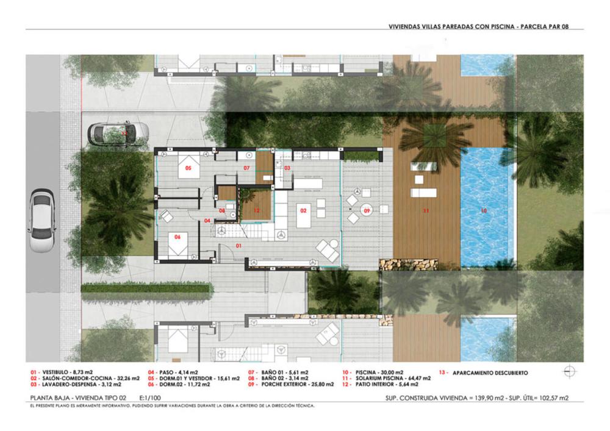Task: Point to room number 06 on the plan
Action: (178, 238)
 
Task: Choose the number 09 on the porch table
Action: (367, 211)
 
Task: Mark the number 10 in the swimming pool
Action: (484, 211)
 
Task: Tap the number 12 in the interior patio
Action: (257, 210)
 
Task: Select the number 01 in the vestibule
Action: (239, 246)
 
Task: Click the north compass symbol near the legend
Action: (569, 371)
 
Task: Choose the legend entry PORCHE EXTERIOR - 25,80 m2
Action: (291, 385)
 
